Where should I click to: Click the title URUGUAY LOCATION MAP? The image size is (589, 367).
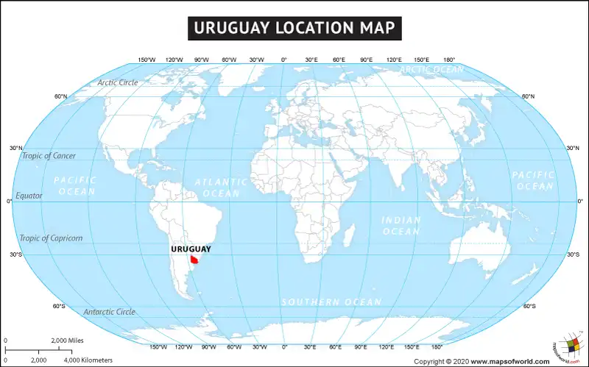click(x=294, y=28)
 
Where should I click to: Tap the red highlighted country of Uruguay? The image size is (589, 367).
click(x=195, y=259)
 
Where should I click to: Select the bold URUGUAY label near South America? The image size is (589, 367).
click(x=190, y=249)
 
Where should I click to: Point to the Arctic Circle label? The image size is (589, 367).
click(x=118, y=82)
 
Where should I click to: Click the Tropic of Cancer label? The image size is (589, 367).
click(x=49, y=155)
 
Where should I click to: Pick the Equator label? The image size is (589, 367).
click(x=29, y=196)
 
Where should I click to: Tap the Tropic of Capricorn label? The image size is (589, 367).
click(x=52, y=238)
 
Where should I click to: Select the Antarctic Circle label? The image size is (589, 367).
click(x=109, y=312)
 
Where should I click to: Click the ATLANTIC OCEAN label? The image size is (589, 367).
click(x=221, y=187)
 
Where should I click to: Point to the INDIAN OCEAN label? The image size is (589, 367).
click(x=401, y=226)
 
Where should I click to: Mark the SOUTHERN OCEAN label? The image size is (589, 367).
click(x=331, y=302)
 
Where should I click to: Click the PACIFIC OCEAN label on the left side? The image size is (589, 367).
click(x=75, y=185)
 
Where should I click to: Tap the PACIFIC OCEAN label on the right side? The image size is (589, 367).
click(x=533, y=180)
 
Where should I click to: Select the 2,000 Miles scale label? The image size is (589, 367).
click(x=67, y=341)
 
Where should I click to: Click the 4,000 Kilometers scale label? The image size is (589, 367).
click(x=88, y=360)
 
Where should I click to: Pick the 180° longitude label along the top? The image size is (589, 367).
click(x=449, y=60)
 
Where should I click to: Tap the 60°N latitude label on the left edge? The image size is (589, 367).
click(x=60, y=96)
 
